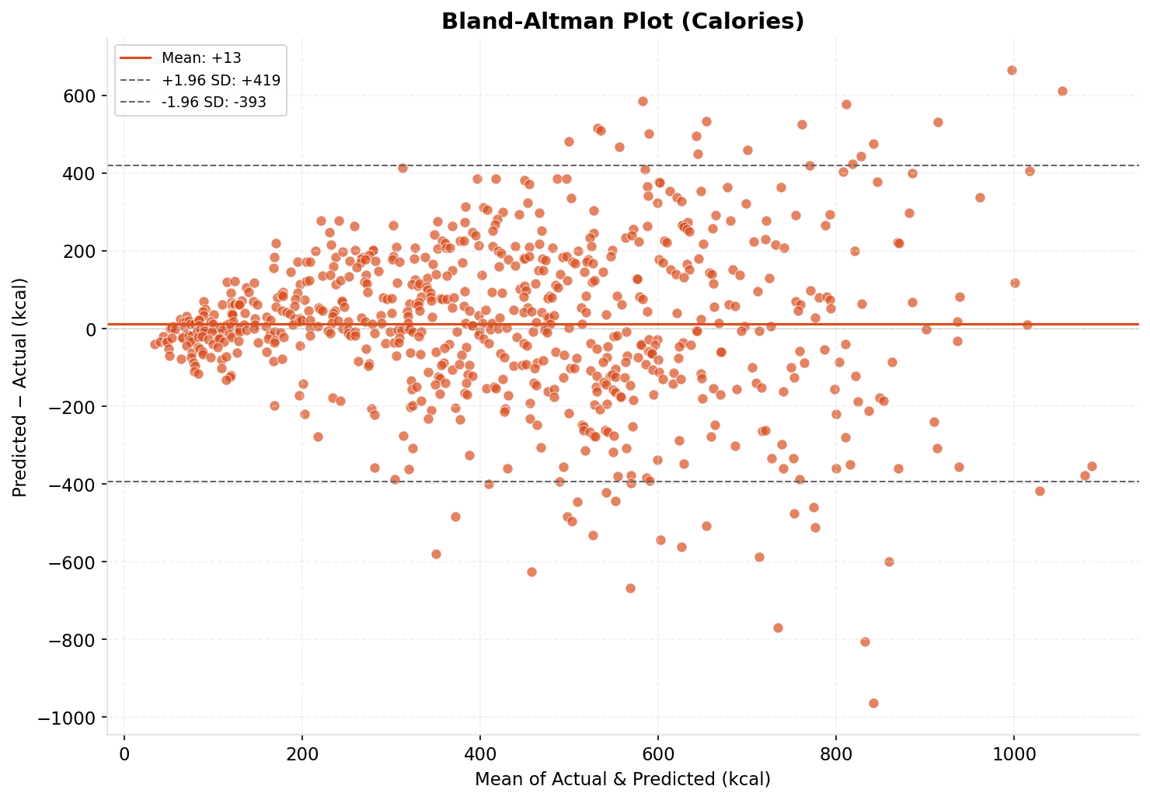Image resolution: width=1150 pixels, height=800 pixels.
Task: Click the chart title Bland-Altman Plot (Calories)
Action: (622, 21)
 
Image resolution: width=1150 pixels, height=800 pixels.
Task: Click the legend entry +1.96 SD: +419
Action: (221, 80)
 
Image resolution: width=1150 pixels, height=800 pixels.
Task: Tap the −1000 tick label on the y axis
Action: (68, 717)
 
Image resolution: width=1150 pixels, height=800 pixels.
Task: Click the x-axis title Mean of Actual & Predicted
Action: (622, 779)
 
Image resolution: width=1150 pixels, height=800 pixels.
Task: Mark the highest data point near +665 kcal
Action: (1012, 70)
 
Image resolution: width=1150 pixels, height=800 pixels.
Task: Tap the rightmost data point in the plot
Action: (1092, 466)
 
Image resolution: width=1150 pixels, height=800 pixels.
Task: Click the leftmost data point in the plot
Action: (155, 344)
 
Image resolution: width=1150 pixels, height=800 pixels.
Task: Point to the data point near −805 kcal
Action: (865, 642)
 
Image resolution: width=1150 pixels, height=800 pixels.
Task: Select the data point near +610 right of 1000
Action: (1062, 91)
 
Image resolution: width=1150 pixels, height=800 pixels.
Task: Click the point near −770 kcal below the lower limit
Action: (778, 628)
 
